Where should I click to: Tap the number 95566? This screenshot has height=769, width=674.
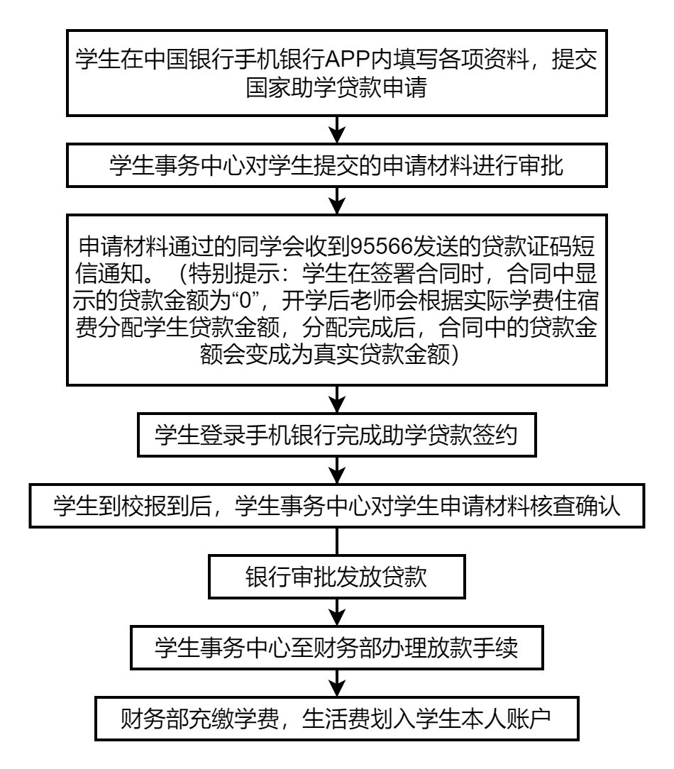pos(381,246)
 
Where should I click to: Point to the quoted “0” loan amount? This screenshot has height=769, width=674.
pos(245,301)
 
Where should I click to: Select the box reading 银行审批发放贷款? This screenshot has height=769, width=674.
pos(337,577)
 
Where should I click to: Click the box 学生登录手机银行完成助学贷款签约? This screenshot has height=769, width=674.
pos(337,435)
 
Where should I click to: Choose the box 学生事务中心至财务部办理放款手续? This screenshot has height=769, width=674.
pos(337,648)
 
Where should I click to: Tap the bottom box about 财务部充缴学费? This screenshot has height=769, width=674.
pos(337,719)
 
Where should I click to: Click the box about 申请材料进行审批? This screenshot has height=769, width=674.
pos(337,165)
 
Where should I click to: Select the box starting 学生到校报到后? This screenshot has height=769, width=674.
pos(337,506)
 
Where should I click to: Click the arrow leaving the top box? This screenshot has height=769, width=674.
pos(337,130)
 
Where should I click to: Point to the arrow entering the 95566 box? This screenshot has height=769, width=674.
pos(337,201)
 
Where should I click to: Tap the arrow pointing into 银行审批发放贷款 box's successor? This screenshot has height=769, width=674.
pos(337,612)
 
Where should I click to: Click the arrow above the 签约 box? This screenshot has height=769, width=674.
pos(337,399)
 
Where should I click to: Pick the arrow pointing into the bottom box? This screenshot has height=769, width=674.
pos(337,683)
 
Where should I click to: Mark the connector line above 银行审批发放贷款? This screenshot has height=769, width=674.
pos(337,541)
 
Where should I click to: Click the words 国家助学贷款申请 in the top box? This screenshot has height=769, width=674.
pos(336,87)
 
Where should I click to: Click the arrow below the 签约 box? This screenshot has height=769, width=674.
pos(337,470)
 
